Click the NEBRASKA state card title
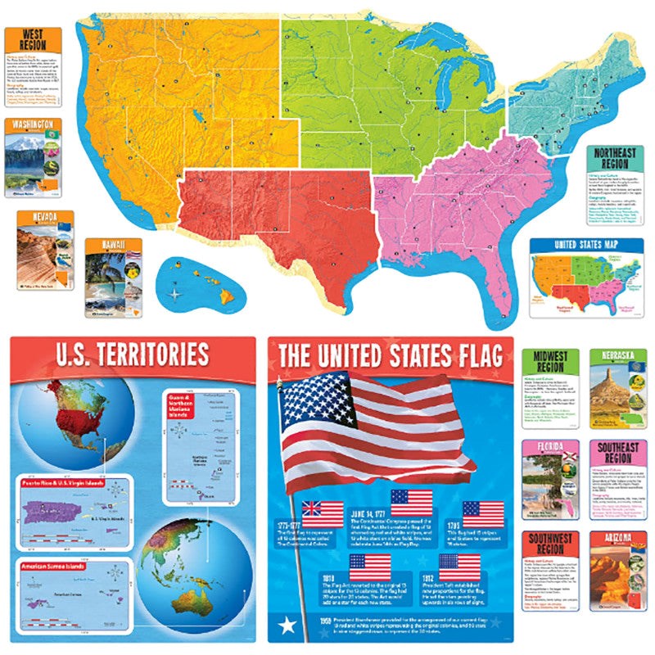tap(618, 357)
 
